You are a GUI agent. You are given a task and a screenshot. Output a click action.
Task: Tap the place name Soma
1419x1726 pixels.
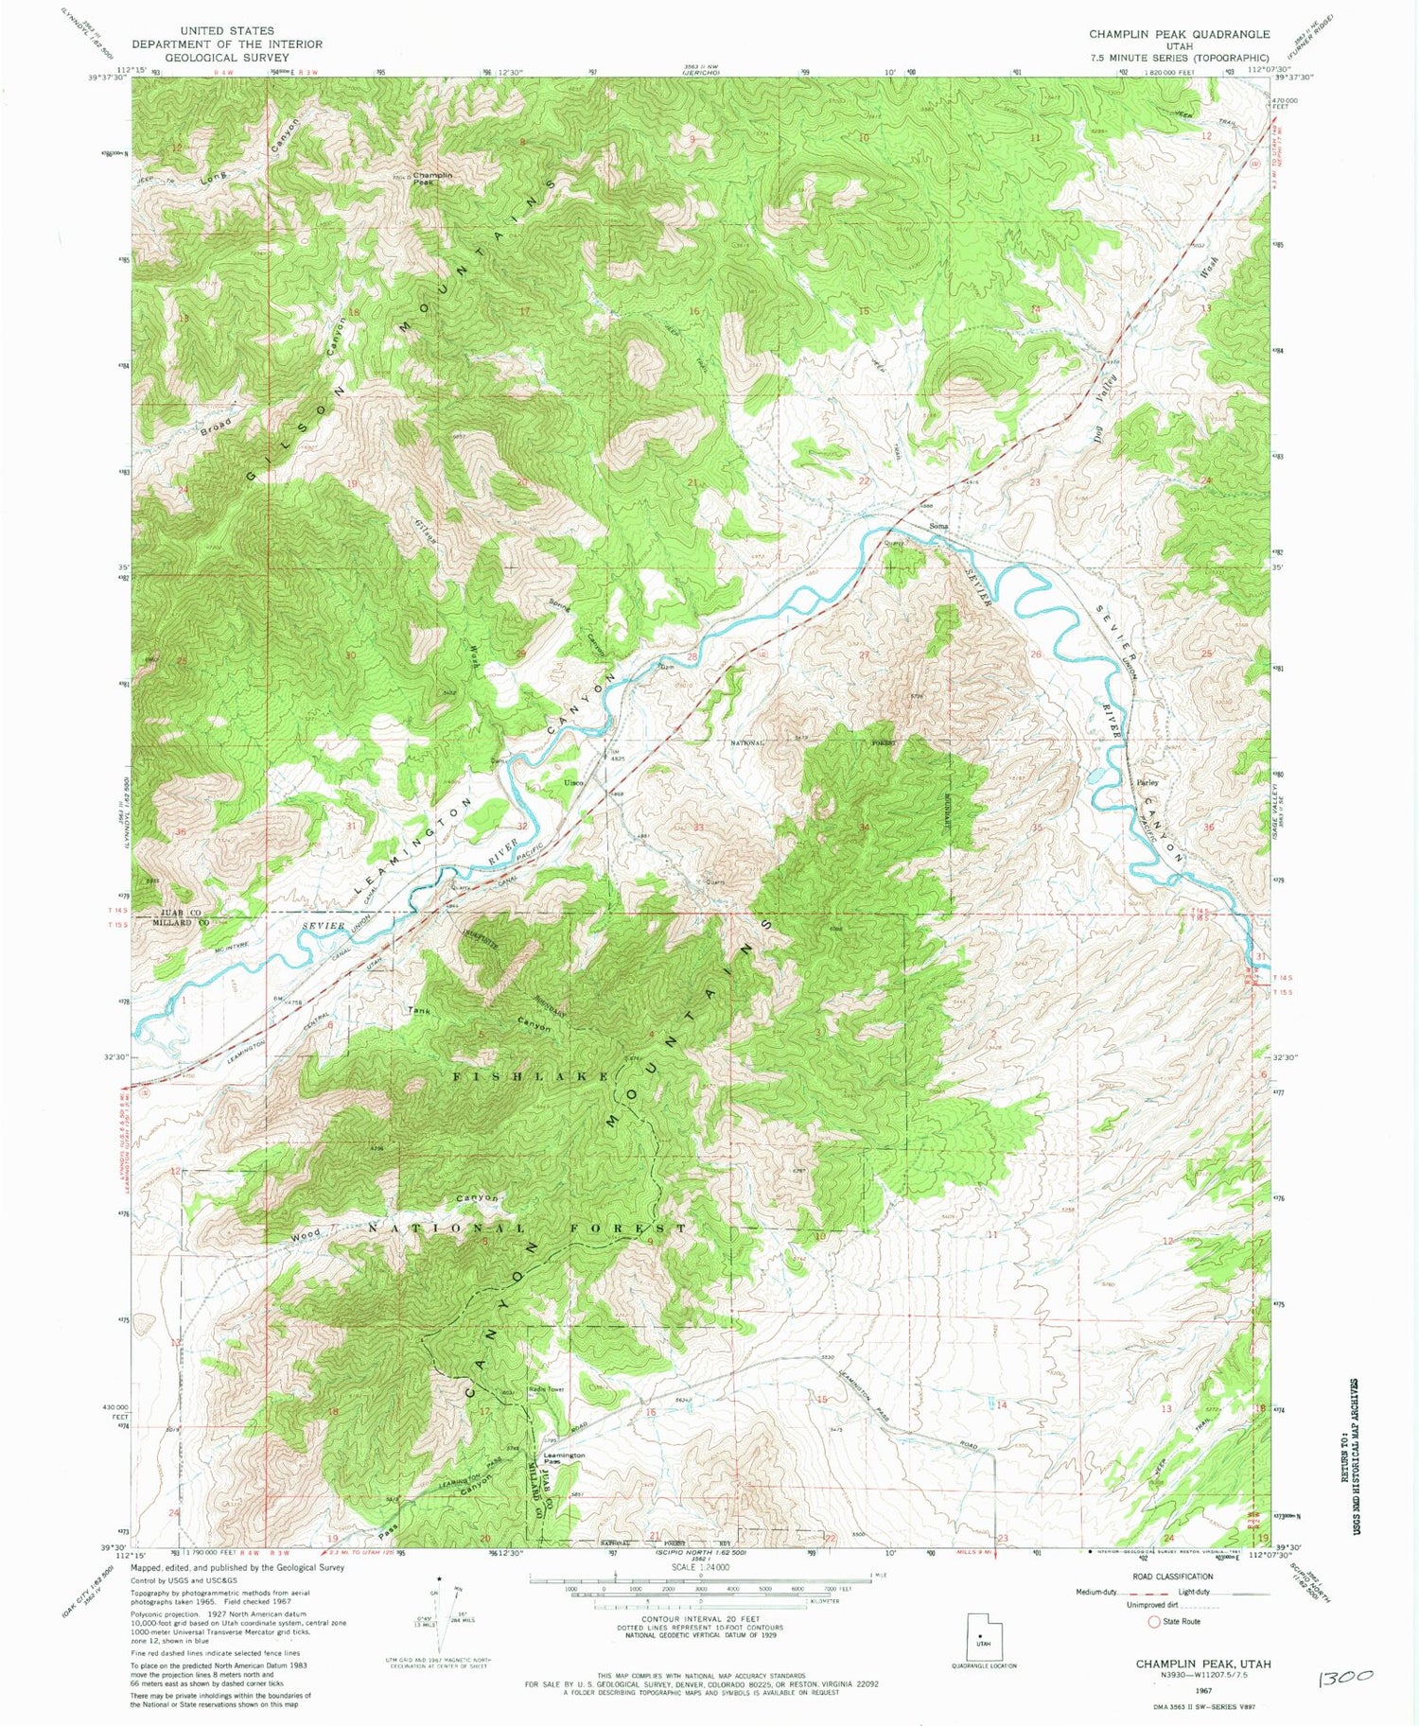(x=937, y=526)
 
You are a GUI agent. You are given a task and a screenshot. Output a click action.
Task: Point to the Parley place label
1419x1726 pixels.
(x=1147, y=783)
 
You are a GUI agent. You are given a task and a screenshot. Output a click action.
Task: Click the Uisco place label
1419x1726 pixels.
(x=573, y=783)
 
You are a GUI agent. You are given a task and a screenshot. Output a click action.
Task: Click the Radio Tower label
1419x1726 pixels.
(x=547, y=1389)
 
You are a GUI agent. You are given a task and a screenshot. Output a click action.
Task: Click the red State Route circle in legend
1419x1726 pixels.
(x=1153, y=1621)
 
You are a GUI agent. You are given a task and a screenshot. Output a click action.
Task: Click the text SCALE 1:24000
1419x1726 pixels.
(x=700, y=1567)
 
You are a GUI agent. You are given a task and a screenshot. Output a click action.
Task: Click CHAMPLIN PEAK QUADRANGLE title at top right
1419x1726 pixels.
(x=1179, y=34)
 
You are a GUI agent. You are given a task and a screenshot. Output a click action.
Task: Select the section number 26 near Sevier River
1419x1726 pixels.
(x=1036, y=654)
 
